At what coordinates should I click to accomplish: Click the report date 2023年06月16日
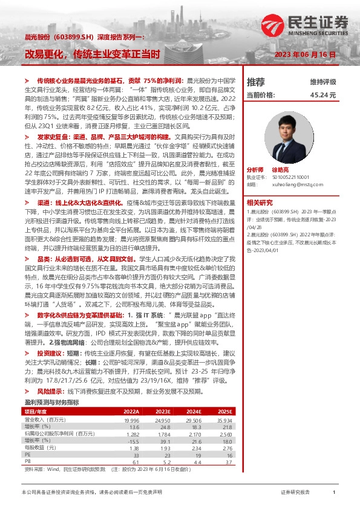pyautogui.click(x=305, y=54)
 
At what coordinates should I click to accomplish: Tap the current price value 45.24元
pyautogui.click(x=323, y=95)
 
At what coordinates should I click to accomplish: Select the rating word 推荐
pyautogui.click(x=256, y=82)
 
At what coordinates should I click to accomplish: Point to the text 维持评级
pyautogui.click(x=323, y=82)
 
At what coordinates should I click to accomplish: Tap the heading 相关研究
pyautogui.click(x=259, y=202)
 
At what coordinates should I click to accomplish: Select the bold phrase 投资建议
pyautogui.click(x=51, y=352)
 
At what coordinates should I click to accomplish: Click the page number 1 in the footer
pyautogui.click(x=334, y=493)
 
